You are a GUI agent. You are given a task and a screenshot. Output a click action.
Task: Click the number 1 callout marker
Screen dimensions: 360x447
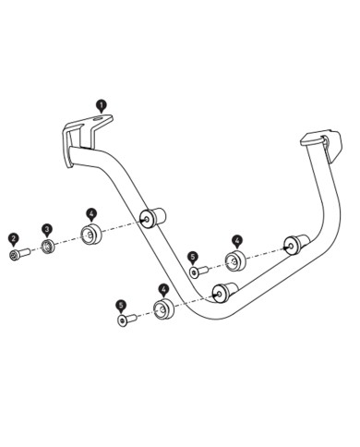pyautogui.click(x=101, y=107)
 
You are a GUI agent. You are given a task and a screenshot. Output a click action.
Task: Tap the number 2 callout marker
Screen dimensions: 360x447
pyautogui.click(x=14, y=238)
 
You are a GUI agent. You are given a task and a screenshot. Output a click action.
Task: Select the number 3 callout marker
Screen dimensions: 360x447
pyautogui.click(x=47, y=229)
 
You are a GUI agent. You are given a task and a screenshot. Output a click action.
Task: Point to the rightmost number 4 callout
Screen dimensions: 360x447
pyautogui.click(x=236, y=240)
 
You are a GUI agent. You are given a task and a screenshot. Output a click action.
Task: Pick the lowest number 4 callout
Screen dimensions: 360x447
pyautogui.click(x=162, y=289)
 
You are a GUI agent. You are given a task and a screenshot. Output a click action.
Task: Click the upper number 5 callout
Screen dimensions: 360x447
pyautogui.click(x=193, y=258)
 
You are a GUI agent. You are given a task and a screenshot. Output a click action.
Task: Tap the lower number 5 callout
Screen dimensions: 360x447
pyautogui.click(x=121, y=305)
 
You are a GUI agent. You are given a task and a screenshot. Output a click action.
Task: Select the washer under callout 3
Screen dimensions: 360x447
pyautogui.click(x=47, y=248)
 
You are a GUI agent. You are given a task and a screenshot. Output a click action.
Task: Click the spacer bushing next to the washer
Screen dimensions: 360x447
pyautogui.click(x=90, y=235)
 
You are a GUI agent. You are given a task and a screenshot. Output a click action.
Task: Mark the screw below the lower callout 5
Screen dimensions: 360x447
pyautogui.click(x=125, y=320)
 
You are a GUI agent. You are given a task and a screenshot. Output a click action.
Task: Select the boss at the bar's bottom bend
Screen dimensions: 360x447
pyautogui.click(x=222, y=294)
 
